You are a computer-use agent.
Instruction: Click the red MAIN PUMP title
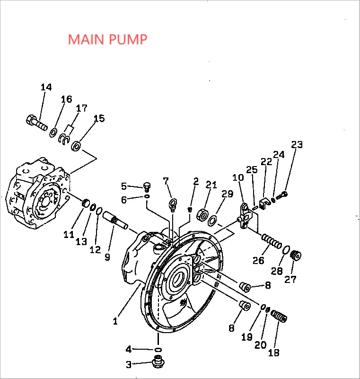pos(107,39)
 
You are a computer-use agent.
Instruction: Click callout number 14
pos(46,88)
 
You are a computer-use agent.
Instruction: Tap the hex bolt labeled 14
pos(36,122)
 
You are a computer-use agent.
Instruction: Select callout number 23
pos(297,145)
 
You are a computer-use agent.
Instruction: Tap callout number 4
pos(128,350)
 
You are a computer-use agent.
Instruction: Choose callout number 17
pos(81,108)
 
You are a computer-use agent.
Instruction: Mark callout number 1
pos(115,321)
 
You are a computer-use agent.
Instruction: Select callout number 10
pos(237,177)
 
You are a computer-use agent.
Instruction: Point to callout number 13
pos(81,242)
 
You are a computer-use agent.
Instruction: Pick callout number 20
pos(260,345)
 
